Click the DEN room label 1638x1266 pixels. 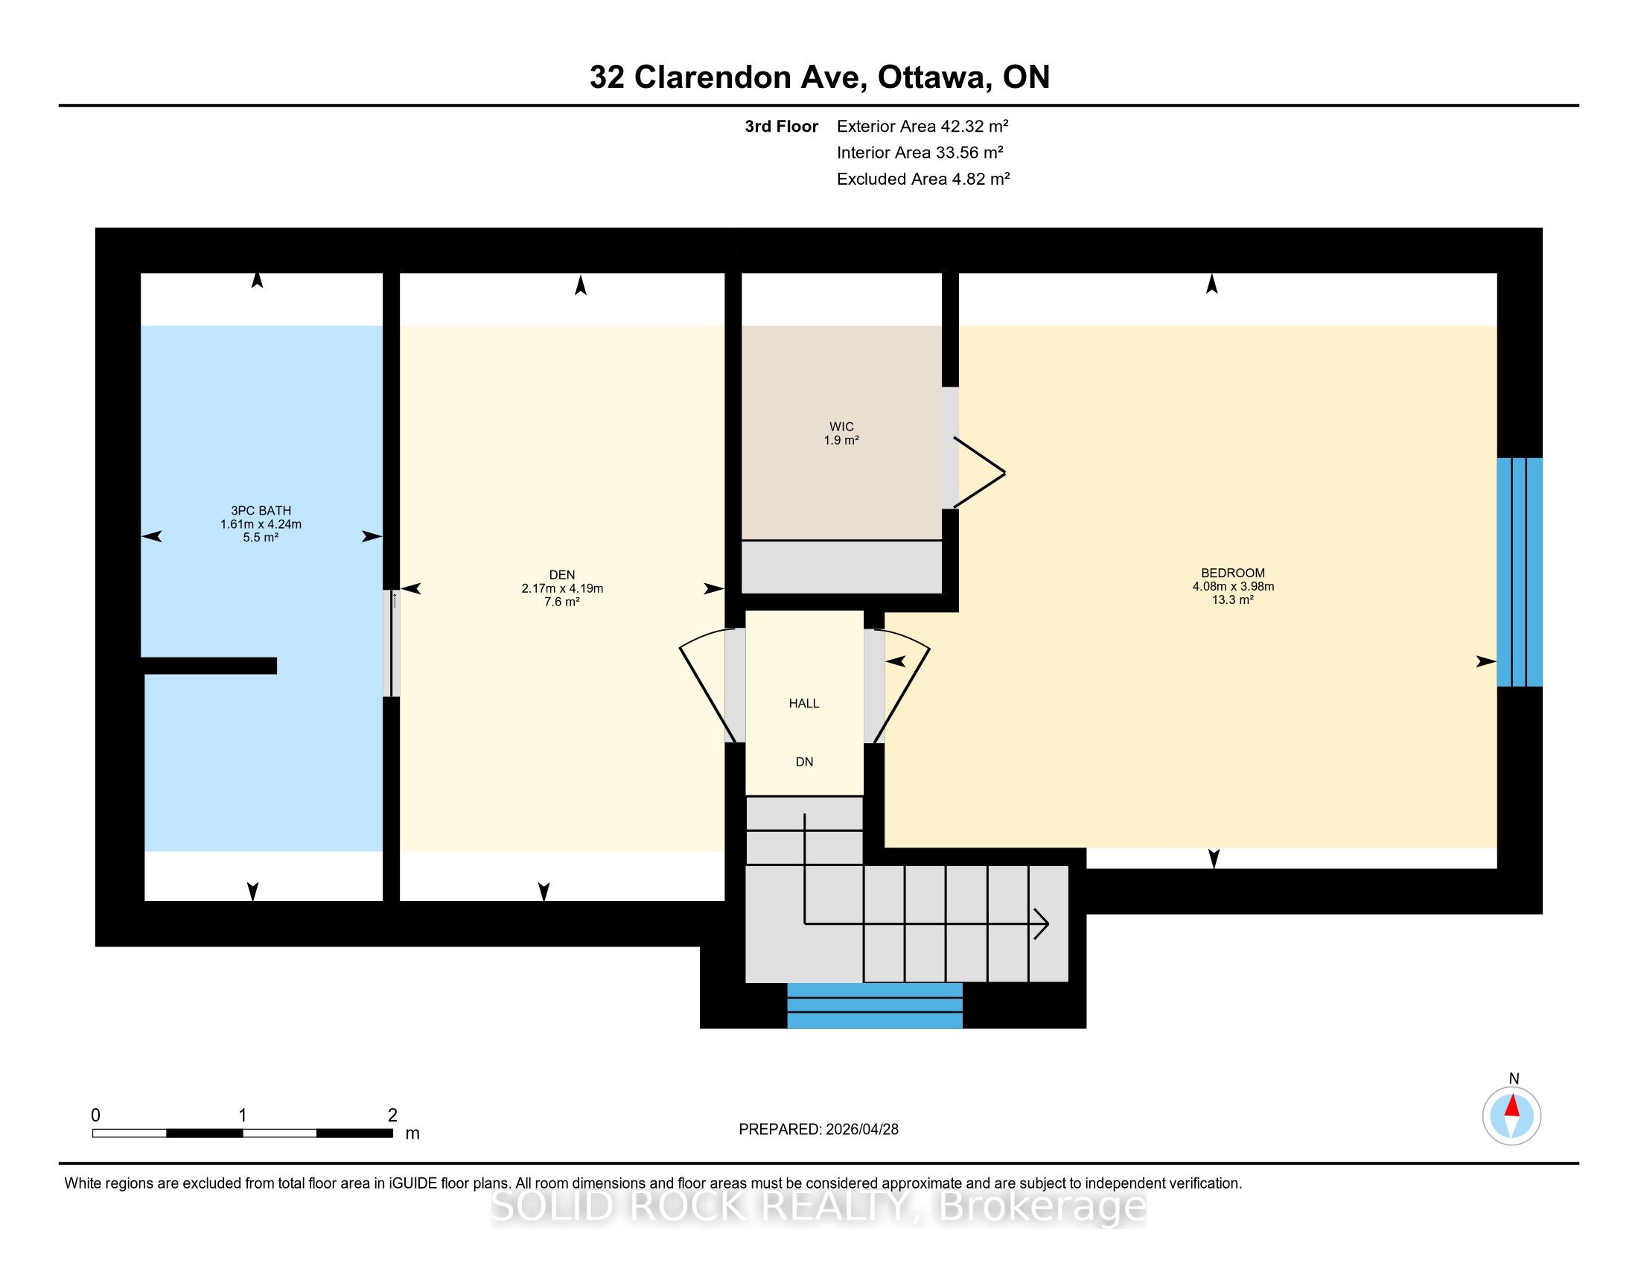point(561,575)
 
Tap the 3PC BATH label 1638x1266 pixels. point(261,511)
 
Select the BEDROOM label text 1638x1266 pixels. point(1233,573)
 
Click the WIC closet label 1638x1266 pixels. point(841,427)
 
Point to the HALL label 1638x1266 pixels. point(804,704)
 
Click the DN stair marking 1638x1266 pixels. point(804,762)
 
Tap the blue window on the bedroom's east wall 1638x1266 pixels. point(1520,572)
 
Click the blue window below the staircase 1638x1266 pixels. point(875,1006)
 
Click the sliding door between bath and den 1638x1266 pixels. point(392,643)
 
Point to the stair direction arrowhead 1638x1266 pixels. point(1042,923)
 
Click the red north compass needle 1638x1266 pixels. point(1512,1106)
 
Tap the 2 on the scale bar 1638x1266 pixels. point(392,1116)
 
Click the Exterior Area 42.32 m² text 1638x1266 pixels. point(922,126)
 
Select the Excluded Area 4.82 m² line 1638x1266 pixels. point(923,179)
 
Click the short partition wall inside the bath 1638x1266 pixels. point(208,665)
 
